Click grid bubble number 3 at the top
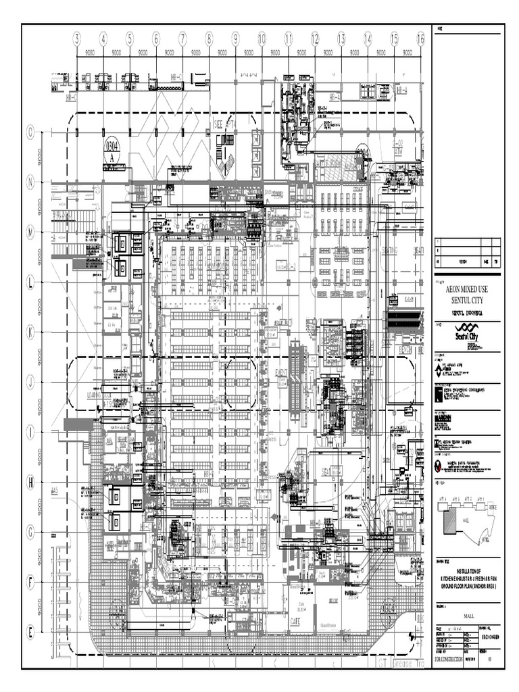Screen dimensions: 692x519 [x=77, y=40]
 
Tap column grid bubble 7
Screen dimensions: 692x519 [x=182, y=40]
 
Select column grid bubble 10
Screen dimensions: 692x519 [x=262, y=40]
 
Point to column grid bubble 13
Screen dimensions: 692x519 [x=341, y=40]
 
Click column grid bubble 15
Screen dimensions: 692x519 [x=394, y=40]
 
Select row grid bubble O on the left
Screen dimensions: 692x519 [x=30, y=132]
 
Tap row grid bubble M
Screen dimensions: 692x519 [x=30, y=232]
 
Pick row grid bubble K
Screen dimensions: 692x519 [x=30, y=332]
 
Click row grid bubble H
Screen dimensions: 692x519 [x=30, y=482]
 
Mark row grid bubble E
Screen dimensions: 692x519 [x=30, y=632]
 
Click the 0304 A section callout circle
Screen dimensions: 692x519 [x=112, y=150]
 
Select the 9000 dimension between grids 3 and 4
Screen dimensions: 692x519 [x=90, y=52]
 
